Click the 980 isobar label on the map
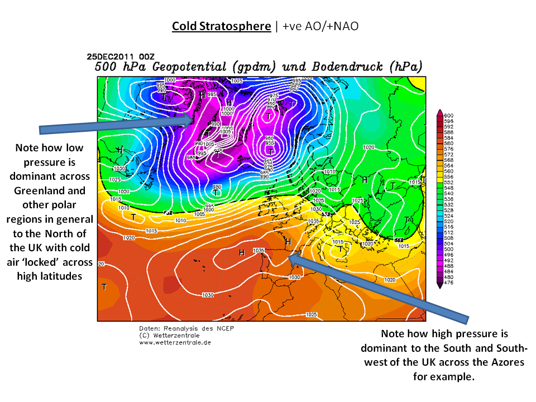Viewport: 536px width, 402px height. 217,186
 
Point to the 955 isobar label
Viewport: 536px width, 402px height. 270,143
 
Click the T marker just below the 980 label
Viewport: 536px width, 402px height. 216,193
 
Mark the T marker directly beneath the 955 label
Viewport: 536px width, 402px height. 270,151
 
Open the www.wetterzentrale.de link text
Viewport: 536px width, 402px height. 175,342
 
